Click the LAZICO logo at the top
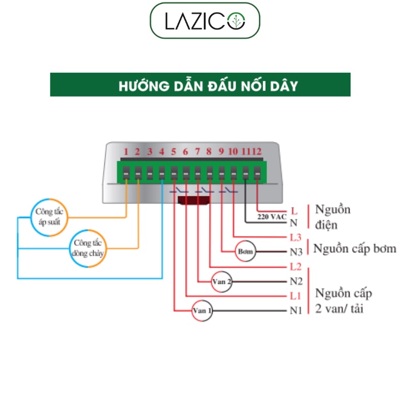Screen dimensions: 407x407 [x=205, y=21]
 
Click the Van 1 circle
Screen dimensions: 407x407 [x=202, y=310]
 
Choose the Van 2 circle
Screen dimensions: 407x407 [x=222, y=281]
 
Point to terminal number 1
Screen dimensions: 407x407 [x=126, y=152]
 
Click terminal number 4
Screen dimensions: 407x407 [x=161, y=152]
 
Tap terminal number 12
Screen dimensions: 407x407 [x=257, y=152]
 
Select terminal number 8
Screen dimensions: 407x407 [x=209, y=152]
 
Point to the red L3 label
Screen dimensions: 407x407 [x=296, y=238]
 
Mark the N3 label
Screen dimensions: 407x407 [x=296, y=252]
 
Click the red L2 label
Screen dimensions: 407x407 [x=296, y=267]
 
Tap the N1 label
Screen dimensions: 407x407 [x=296, y=310]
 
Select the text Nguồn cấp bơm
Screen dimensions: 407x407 [x=355, y=249]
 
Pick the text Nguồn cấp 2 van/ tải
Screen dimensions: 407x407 [x=343, y=301]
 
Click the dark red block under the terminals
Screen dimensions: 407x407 [x=194, y=200]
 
